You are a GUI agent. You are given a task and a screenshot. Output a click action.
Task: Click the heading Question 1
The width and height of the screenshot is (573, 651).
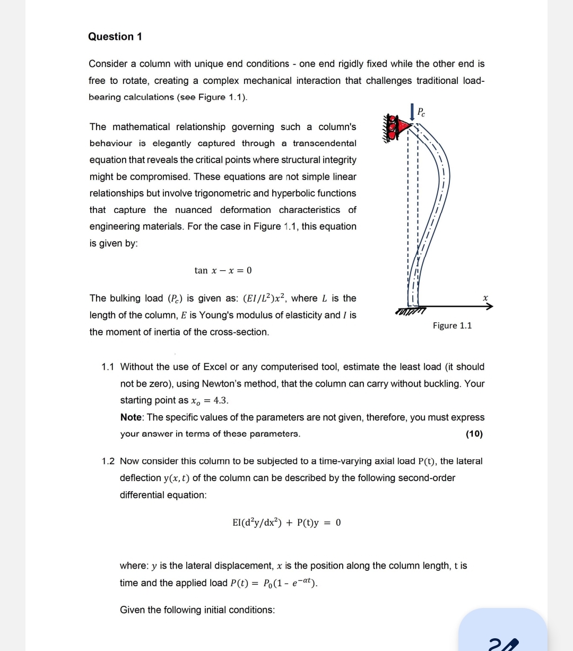tap(115, 37)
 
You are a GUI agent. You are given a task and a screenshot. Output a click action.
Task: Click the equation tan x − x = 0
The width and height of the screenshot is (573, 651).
tap(223, 270)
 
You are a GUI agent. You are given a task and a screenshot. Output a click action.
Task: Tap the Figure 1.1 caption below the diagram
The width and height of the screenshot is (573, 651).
tap(452, 325)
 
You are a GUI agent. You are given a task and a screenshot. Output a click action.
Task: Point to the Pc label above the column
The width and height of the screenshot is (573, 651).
tap(421, 112)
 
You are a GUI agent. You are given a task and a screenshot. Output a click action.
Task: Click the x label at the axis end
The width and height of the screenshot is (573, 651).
tap(485, 298)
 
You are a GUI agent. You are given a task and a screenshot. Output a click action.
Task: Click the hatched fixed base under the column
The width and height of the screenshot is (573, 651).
tap(411, 310)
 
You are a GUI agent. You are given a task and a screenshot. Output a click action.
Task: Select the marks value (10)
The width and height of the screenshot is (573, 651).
tap(474, 434)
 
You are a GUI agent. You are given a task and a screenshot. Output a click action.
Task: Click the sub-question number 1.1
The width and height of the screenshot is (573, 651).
tap(108, 367)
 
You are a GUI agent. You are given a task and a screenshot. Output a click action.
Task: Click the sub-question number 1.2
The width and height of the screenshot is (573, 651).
tap(108, 461)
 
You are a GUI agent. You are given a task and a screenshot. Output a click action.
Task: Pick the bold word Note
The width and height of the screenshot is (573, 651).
tap(131, 417)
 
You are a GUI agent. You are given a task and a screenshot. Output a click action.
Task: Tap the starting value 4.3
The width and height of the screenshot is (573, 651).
tap(221, 400)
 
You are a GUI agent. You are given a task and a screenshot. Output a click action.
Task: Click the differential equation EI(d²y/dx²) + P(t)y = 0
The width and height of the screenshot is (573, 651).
tap(286, 522)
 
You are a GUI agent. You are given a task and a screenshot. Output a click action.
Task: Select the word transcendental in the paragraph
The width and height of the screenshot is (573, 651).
tap(324, 143)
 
